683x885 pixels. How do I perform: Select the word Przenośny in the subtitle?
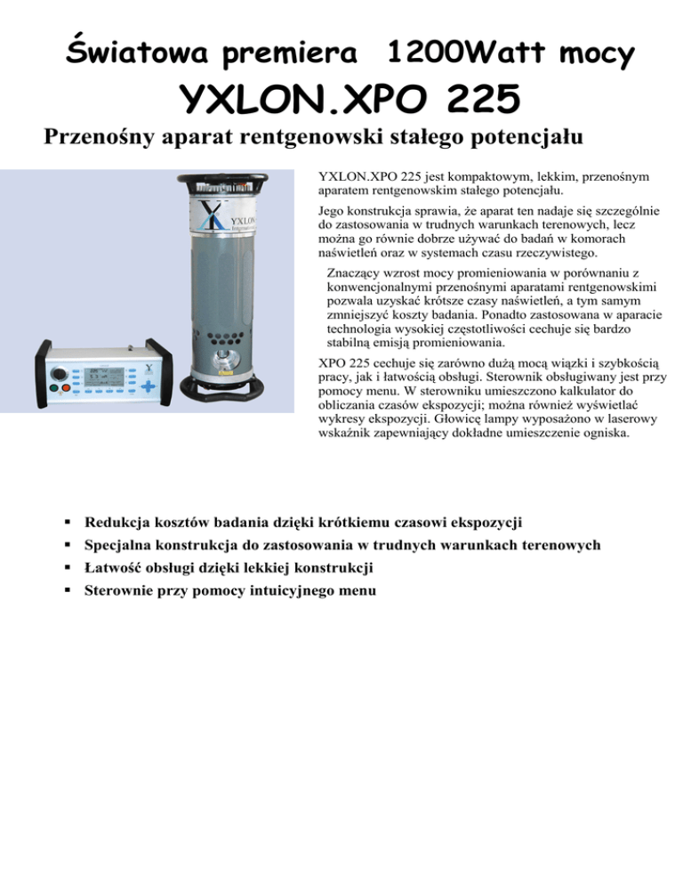point(95,140)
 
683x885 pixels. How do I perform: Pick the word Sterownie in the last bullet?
point(120,589)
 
